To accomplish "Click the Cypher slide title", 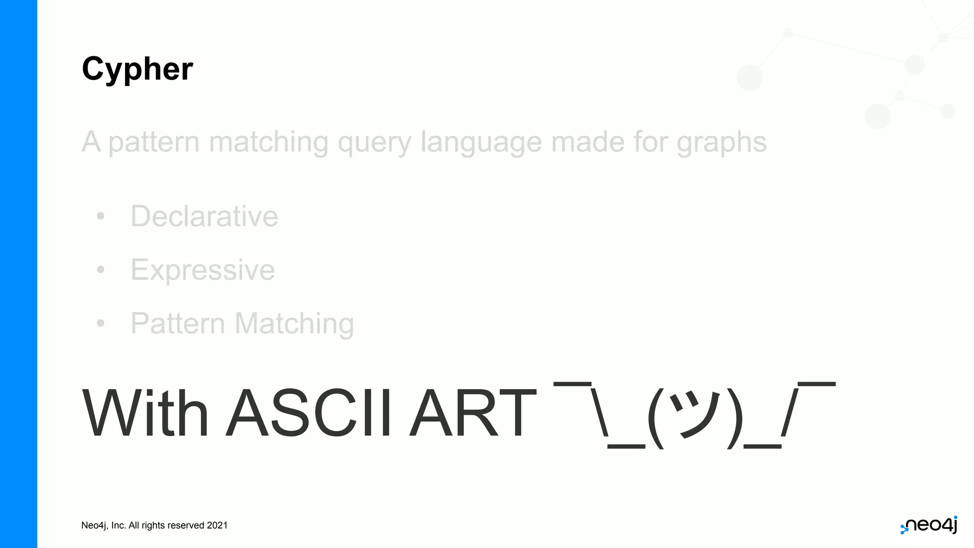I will (x=137, y=69).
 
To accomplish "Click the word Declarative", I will (x=205, y=216).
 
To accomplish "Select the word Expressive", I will (x=203, y=270).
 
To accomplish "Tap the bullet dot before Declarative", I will (x=100, y=216).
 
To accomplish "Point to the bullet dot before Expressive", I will (x=100, y=270).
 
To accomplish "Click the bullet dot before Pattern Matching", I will (x=100, y=323).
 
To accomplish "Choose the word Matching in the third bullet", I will (x=294, y=324).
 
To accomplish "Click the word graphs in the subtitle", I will (x=721, y=142).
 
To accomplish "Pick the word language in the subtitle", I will (x=481, y=142).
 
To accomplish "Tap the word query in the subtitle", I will (x=374, y=142).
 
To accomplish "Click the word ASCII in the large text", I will (x=309, y=412).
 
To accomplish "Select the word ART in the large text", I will (x=473, y=412).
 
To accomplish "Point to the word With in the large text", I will (x=146, y=412).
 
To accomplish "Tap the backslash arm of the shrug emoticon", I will (x=599, y=412).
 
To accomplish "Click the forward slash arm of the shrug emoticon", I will (x=789, y=412).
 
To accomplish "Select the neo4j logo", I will (x=929, y=525).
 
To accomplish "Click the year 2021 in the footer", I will (x=217, y=526).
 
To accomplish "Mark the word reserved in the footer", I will (x=185, y=526).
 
